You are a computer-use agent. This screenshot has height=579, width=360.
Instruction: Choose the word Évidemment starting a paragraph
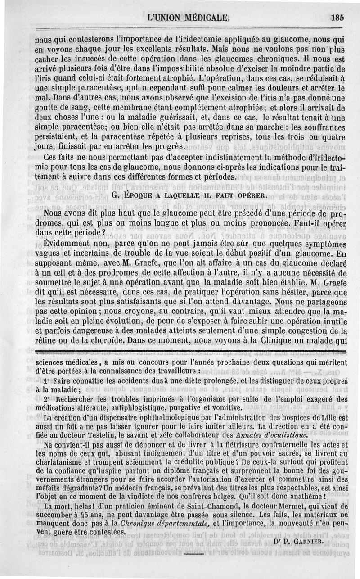(63, 244)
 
